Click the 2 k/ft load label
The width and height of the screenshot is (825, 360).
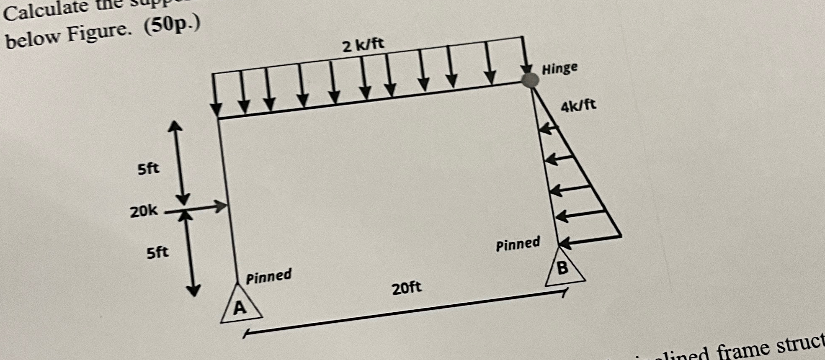point(363,44)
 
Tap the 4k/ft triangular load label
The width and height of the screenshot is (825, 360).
point(578,106)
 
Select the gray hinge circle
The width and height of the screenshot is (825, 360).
point(530,80)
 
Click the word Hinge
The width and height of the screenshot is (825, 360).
point(559,68)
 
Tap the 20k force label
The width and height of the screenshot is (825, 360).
point(144,211)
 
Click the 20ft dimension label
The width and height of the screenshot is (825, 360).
point(407,288)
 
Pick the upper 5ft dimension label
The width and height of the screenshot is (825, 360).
point(148,169)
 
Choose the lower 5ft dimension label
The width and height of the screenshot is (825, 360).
point(157,252)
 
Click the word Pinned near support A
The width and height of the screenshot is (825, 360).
point(268,276)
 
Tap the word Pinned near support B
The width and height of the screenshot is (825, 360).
point(518,244)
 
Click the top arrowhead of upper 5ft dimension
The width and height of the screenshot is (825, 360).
point(175,125)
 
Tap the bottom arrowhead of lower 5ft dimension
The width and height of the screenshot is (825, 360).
point(193,291)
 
